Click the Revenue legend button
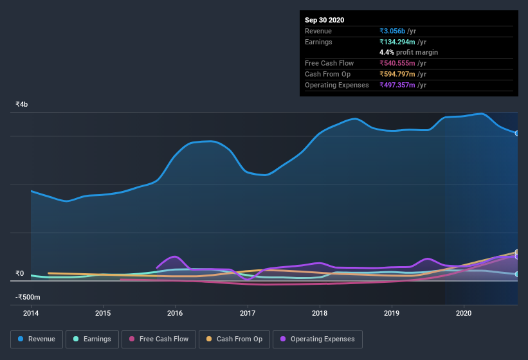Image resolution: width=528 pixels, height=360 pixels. [37, 339]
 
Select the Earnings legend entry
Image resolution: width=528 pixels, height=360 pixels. [92, 339]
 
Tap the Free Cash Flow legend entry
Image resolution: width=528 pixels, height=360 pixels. [158, 339]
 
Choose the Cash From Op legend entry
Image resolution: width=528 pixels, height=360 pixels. [235, 339]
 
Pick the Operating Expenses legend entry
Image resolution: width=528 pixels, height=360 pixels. [318, 339]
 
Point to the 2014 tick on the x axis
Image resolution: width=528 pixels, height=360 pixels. [31, 313]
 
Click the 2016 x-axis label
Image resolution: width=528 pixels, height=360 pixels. [175, 313]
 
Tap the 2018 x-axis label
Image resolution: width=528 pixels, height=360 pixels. [320, 313]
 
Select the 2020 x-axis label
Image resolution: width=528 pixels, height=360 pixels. [464, 313]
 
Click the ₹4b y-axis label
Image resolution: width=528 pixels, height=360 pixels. [22, 104]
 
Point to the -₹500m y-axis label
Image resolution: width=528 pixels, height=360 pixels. [28, 297]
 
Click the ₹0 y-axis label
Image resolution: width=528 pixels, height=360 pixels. [19, 273]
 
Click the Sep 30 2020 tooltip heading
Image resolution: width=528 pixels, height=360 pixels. [324, 20]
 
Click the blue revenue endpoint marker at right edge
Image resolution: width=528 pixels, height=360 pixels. [517, 133]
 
